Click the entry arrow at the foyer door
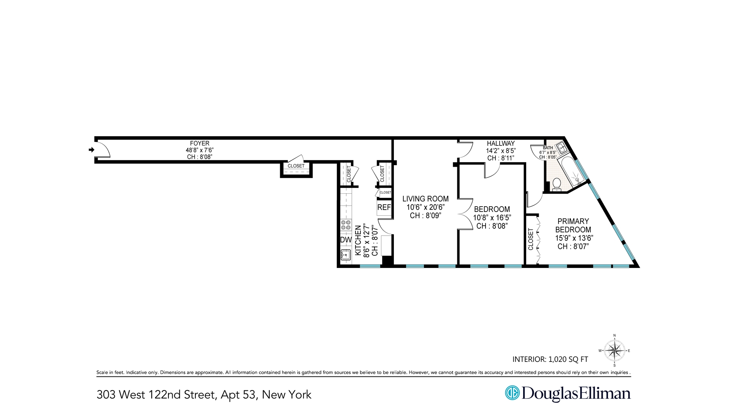click(91, 150)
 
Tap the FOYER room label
click(200, 143)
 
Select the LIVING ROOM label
click(425, 199)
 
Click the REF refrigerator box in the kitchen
click(384, 208)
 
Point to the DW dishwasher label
click(346, 240)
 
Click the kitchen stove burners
click(346, 225)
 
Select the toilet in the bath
click(557, 184)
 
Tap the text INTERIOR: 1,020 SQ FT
click(550, 359)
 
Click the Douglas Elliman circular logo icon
click(512, 393)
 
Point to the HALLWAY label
click(501, 143)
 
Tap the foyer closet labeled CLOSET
click(296, 166)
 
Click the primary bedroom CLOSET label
click(531, 239)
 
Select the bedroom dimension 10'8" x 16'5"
click(492, 218)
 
